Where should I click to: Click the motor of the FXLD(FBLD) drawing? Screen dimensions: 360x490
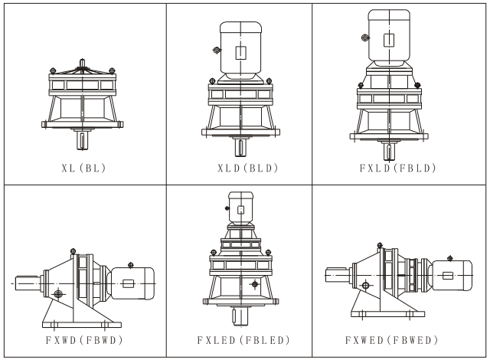pos(390,38)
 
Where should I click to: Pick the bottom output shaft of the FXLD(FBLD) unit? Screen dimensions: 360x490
pos(390,152)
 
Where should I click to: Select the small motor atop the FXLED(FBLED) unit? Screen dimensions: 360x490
pos(240,208)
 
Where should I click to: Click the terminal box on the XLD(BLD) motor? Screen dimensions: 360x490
pos(241,52)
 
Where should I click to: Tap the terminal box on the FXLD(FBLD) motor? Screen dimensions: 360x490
pos(390,41)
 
